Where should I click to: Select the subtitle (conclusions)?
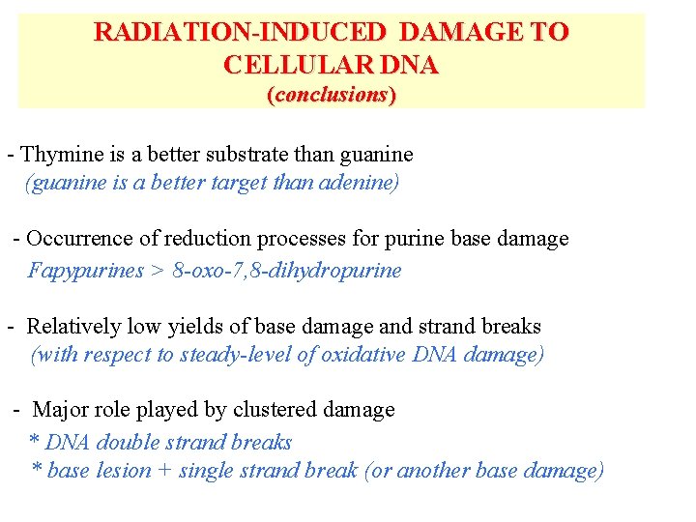click(332, 95)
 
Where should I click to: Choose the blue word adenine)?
click(361, 183)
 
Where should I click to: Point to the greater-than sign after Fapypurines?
click(158, 271)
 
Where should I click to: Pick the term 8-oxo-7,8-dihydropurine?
click(287, 270)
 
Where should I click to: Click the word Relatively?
click(74, 327)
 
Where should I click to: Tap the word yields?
click(191, 327)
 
